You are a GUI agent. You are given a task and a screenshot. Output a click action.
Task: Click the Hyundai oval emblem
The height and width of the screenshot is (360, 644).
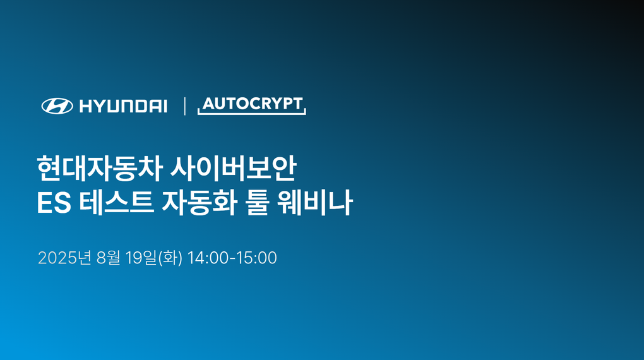click(57, 106)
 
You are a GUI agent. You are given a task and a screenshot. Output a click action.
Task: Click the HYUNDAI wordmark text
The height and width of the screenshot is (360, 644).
click(123, 107)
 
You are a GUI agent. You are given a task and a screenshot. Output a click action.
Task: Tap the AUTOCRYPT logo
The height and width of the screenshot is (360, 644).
click(252, 105)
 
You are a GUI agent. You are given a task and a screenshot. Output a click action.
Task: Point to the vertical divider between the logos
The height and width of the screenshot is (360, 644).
click(184, 106)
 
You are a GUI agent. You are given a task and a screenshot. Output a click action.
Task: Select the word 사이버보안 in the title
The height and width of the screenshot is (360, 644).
click(234, 169)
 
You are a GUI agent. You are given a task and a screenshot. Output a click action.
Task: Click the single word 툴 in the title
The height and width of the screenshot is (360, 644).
click(256, 203)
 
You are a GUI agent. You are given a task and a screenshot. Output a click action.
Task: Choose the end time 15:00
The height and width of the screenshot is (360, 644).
click(256, 258)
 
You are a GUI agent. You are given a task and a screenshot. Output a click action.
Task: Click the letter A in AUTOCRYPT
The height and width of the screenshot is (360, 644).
click(208, 104)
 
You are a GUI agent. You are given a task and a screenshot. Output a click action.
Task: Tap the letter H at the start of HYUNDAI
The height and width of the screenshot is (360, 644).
click(85, 107)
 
